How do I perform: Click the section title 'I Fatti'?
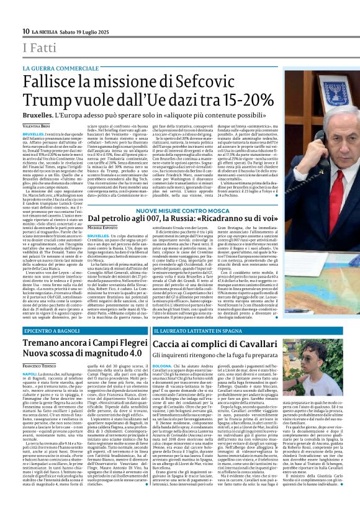[38, 47]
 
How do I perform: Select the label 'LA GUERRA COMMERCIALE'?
[60, 68]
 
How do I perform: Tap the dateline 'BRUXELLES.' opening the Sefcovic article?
[33, 133]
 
